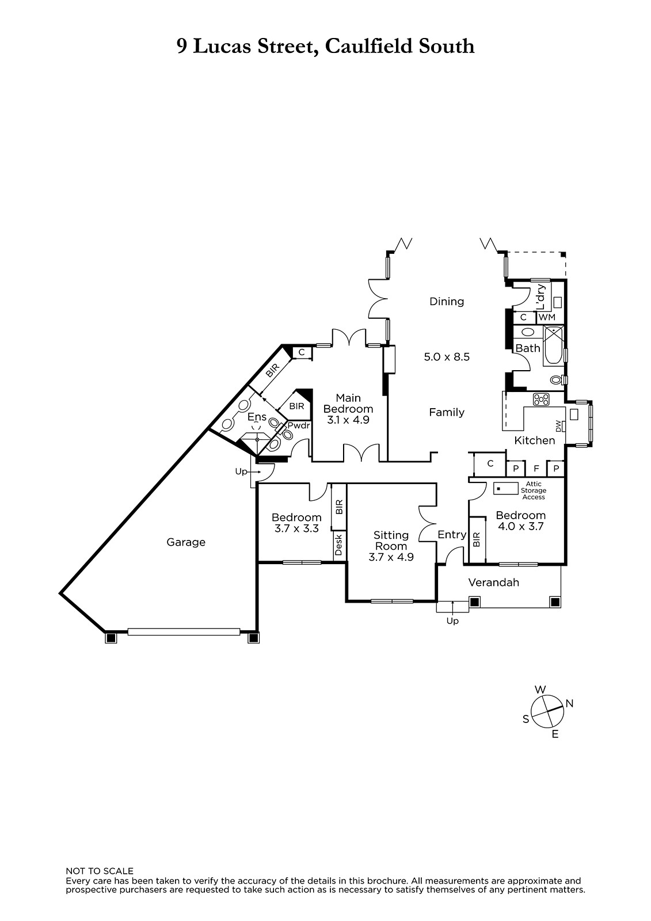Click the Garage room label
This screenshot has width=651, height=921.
pyautogui.click(x=185, y=542)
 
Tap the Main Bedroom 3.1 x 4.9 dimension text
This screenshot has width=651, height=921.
pyautogui.click(x=348, y=420)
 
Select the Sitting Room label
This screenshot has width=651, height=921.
pyautogui.click(x=391, y=541)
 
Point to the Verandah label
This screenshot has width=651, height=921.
pyautogui.click(x=493, y=582)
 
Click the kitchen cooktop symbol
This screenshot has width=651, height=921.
pyautogui.click(x=541, y=399)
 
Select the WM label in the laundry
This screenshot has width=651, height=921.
pyautogui.click(x=547, y=317)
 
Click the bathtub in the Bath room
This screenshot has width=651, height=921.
pyautogui.click(x=554, y=345)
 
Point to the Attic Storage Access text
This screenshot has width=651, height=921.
pyautogui.click(x=534, y=490)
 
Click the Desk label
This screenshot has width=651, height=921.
pyautogui.click(x=339, y=545)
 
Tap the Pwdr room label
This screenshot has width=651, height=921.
pyautogui.click(x=299, y=425)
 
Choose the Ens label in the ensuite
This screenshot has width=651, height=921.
pyautogui.click(x=257, y=417)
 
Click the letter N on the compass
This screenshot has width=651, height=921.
pyautogui.click(x=570, y=703)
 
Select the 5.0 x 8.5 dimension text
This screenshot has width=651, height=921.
pyautogui.click(x=447, y=356)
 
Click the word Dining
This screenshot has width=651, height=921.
pyautogui.click(x=447, y=302)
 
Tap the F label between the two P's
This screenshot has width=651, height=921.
pyautogui.click(x=536, y=469)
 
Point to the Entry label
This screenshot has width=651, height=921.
pyautogui.click(x=452, y=535)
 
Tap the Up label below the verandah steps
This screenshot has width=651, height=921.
pyautogui.click(x=452, y=621)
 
